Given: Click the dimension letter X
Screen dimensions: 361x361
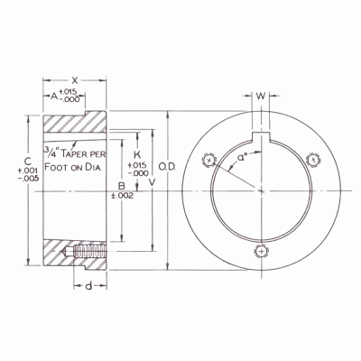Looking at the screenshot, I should pos(75,80).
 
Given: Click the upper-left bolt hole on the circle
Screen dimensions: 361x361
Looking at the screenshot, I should pos(209,161).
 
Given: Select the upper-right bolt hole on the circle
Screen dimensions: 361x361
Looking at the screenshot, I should pos(312,161).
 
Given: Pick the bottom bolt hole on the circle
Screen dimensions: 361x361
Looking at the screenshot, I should pos(261,251).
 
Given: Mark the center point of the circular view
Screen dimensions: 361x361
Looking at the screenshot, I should pos(261,188).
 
